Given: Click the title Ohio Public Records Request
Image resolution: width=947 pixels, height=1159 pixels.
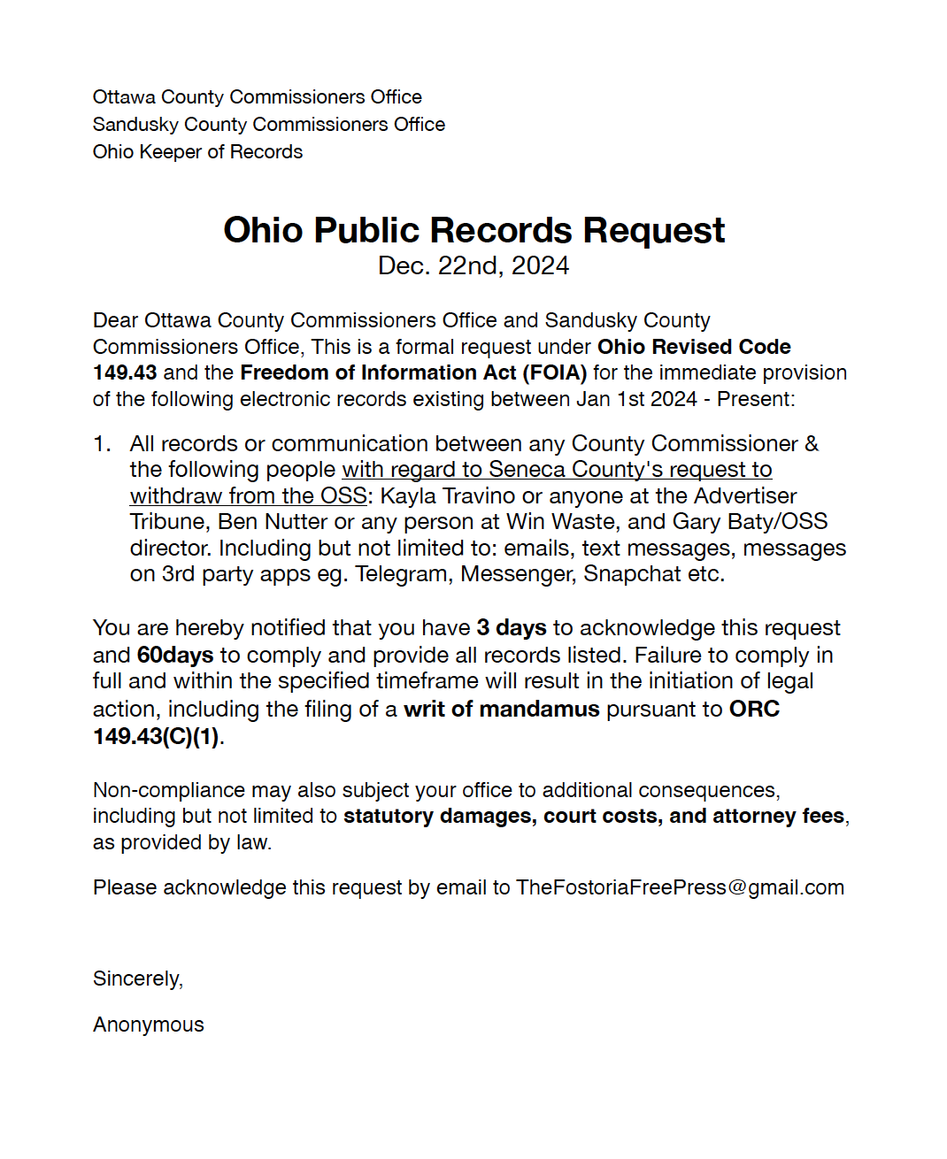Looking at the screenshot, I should coord(473,231).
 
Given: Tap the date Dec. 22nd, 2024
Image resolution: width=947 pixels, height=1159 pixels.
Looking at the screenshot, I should coord(473,266).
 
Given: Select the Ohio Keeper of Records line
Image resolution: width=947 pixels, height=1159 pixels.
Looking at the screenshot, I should coord(197,152).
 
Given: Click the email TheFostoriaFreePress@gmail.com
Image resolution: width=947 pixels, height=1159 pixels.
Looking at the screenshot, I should coord(680,887).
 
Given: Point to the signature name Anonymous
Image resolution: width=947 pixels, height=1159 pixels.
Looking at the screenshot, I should coord(149,1025).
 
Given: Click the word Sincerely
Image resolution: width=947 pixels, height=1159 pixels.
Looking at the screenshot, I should coord(136,979).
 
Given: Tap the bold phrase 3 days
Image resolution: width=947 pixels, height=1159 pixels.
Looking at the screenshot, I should coord(512,628).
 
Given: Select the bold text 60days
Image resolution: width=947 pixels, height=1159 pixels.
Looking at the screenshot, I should coord(175,656).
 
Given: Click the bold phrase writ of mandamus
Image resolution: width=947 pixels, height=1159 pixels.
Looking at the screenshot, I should coord(502,710).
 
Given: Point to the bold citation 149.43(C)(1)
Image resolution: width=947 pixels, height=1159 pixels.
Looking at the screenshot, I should coord(156,736).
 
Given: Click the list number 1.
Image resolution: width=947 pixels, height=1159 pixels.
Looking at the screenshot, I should coord(102,444).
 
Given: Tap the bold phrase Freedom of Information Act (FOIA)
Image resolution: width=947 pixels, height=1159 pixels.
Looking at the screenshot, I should coord(413,373).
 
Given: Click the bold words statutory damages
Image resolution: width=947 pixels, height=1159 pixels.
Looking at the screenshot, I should coord(440,816).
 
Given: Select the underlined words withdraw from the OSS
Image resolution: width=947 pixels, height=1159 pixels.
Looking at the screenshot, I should coord(248,495).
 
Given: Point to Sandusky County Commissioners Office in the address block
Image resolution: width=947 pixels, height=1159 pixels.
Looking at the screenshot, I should coord(269,125).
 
